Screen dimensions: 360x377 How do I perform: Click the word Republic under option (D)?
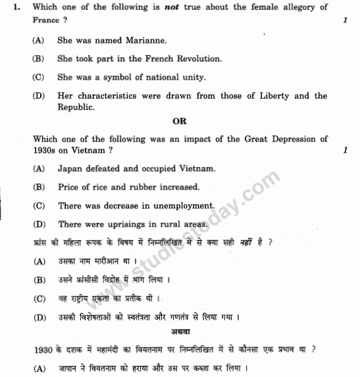(76, 106)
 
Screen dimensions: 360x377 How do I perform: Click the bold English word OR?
(179, 121)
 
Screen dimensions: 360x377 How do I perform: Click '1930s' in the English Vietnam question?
(45, 151)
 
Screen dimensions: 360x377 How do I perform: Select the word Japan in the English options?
(70, 169)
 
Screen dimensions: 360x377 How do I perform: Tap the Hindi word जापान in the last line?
(70, 368)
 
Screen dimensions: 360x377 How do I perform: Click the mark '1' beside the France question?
(345, 20)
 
